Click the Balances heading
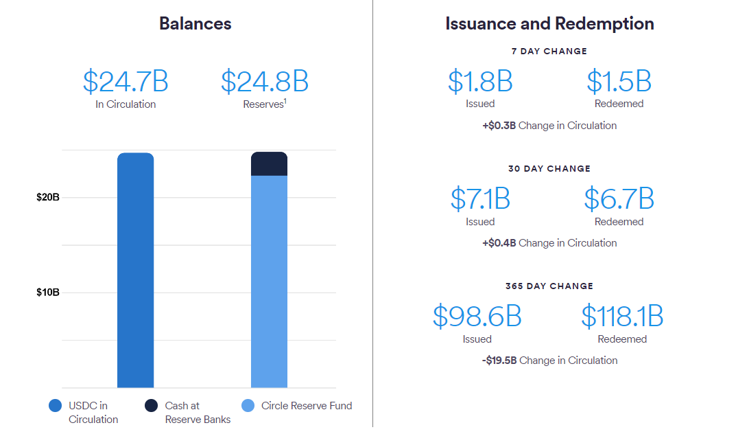[x=195, y=23]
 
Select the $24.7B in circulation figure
[x=126, y=82]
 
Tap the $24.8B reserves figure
[x=264, y=82]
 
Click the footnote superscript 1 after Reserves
[x=285, y=102]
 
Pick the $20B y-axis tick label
[x=48, y=197]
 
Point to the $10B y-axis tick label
[x=48, y=292]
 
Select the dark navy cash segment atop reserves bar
[x=269, y=164]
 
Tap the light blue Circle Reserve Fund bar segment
[x=269, y=282]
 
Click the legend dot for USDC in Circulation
[x=56, y=406]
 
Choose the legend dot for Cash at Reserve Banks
[x=152, y=406]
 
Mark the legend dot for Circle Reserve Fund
[x=248, y=406]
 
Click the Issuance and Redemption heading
[x=549, y=23]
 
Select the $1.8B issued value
[x=480, y=81]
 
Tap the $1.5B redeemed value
[x=619, y=81]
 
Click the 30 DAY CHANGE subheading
[x=549, y=168]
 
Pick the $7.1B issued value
[x=480, y=198]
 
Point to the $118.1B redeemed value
[x=622, y=316]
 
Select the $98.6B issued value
[x=477, y=316]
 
